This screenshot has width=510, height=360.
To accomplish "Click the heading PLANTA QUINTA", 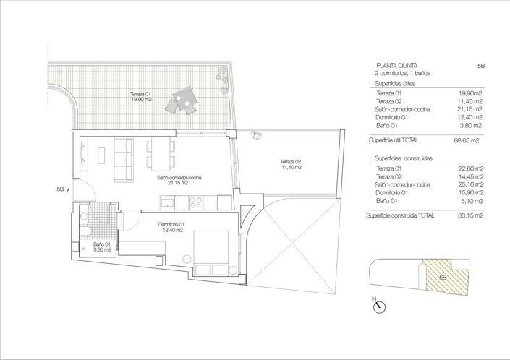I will pos(397,65).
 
